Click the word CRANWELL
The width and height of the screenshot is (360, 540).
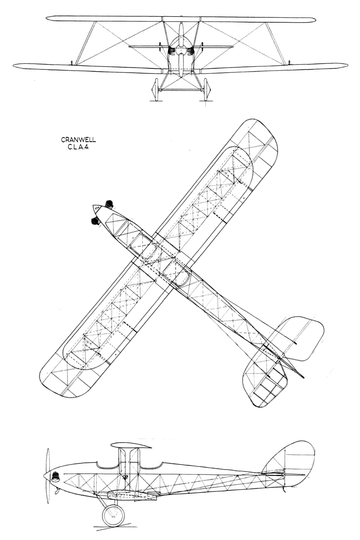pyautogui.click(x=78, y=140)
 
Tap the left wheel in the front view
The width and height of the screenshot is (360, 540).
pyautogui.click(x=156, y=90)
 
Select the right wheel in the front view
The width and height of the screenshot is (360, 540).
pyautogui.click(x=207, y=90)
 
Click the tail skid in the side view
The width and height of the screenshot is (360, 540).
pyautogui.click(x=284, y=490)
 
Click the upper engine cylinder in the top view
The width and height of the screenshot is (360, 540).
pyautogui.click(x=109, y=204)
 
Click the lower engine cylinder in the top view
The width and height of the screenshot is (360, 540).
pyautogui.click(x=95, y=221)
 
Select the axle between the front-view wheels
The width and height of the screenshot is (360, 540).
pyautogui.click(x=181, y=90)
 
